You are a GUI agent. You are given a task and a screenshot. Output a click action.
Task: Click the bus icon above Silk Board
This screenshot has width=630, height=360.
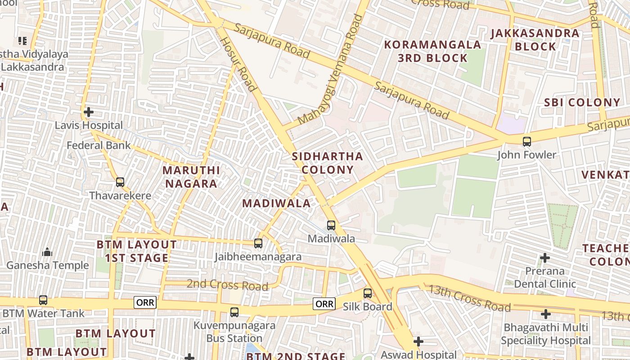[368, 293]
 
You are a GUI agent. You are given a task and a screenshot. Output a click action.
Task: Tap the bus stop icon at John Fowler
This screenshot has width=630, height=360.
[526, 142]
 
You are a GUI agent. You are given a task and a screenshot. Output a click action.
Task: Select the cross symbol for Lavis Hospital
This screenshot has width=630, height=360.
[89, 112]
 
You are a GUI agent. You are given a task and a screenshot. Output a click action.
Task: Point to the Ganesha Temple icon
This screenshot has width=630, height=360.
[47, 252]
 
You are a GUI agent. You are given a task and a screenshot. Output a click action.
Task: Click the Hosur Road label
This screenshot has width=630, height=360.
[238, 64]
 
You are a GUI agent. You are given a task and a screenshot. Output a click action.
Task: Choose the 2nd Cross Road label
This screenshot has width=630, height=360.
[227, 284]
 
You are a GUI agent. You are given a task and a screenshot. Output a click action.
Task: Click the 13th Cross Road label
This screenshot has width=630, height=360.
[469, 298]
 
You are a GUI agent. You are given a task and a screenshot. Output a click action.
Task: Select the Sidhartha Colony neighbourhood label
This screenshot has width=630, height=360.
[327, 163]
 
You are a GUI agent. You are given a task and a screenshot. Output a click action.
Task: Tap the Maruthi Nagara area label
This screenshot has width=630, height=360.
[191, 177]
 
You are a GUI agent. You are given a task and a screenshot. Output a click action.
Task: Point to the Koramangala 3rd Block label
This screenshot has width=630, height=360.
[433, 51]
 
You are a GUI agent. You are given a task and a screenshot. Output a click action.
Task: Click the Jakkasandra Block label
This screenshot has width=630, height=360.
[535, 40]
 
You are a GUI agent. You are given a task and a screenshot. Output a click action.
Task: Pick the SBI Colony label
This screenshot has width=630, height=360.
[582, 102]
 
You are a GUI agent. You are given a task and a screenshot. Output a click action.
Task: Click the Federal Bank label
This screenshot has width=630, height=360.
[99, 145]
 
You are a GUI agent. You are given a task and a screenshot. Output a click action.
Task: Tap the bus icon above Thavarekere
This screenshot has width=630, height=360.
[120, 182]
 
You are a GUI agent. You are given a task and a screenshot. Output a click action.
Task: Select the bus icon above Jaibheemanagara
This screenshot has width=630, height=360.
[258, 243]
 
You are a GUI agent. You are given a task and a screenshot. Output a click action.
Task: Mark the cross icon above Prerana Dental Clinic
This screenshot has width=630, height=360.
[545, 258]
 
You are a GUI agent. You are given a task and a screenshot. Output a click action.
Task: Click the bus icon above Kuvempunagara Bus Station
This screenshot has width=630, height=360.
[234, 312]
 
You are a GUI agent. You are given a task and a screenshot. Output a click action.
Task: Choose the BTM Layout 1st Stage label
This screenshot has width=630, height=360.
[137, 251]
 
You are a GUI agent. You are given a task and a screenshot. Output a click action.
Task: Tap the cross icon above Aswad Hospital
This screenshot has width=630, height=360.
[418, 342]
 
